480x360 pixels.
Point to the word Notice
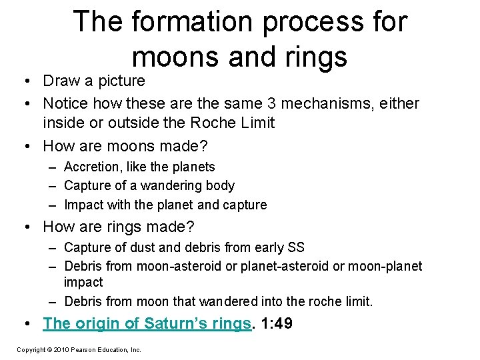66,103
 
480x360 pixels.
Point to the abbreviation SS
295,247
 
